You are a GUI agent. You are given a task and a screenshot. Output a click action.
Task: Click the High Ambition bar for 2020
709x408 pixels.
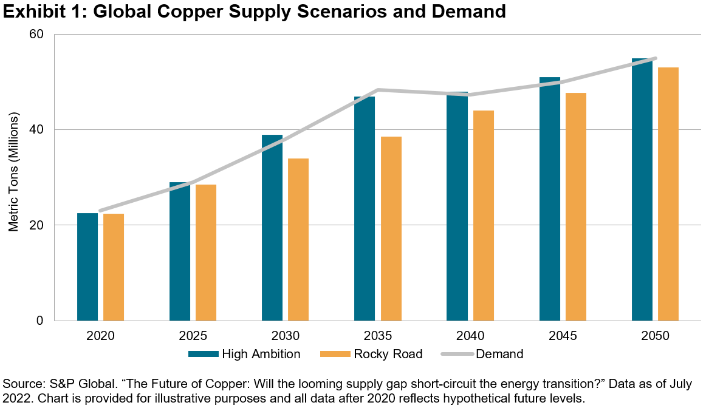point(87,267)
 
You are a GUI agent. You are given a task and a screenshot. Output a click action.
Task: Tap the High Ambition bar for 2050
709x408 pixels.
point(642,189)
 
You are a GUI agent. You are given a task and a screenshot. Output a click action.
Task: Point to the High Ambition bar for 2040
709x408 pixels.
point(457,206)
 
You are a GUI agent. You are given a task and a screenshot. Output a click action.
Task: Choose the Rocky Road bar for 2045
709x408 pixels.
point(576,206)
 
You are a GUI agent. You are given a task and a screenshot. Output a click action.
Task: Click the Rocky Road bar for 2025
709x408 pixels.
point(206,253)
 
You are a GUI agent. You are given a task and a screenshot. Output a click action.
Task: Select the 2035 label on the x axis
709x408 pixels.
point(378,336)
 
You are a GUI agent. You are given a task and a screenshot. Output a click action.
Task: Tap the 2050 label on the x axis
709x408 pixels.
point(655,336)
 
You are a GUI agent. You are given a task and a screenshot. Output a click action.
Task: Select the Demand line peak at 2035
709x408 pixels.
point(378,90)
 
